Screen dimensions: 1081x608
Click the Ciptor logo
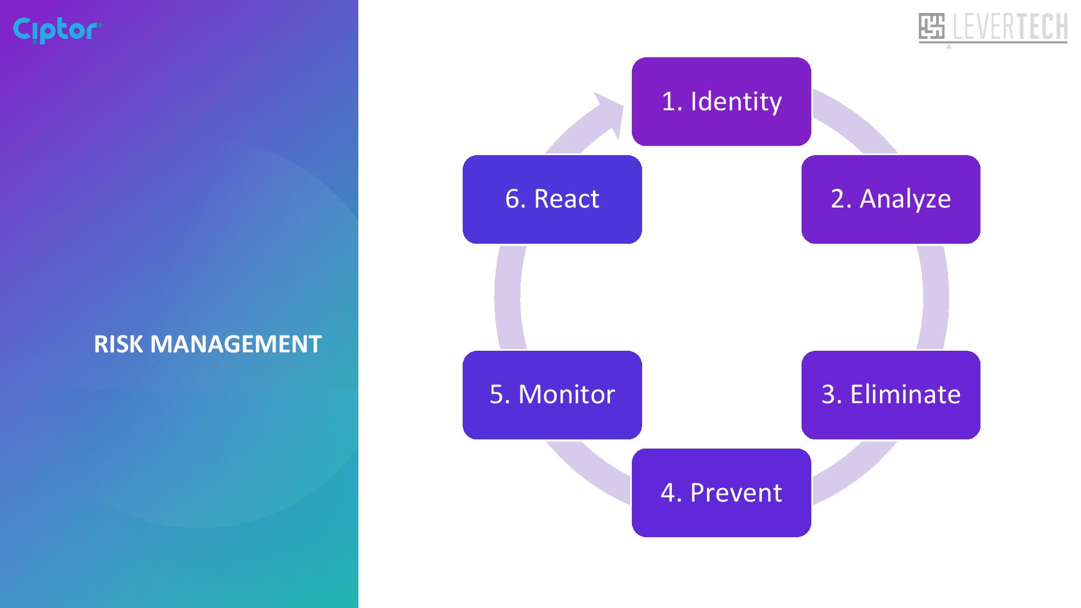coord(57,30)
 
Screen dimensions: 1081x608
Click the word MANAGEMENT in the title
coord(236,344)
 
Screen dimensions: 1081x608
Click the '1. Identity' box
coord(721,102)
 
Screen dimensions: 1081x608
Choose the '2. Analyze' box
coord(891,199)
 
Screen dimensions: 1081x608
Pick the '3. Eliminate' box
coord(891,395)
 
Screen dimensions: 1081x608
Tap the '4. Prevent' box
coord(721,493)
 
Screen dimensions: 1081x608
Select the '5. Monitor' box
coord(552,395)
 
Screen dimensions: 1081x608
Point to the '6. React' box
coord(552,199)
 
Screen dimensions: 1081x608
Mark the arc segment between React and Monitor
coord(507,297)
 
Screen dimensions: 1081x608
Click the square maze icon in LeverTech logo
coord(931,26)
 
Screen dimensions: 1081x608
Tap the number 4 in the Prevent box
coord(668,493)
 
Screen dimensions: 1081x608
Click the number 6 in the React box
coord(513,199)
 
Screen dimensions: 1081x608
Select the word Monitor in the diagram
coord(566,395)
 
